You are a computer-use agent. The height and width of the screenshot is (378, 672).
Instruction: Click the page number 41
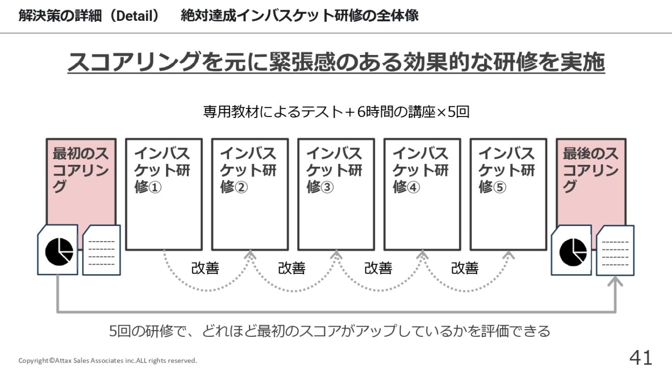point(641,358)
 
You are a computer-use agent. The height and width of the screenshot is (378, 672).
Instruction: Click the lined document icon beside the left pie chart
point(101,250)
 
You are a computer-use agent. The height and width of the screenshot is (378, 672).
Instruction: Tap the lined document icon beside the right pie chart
point(615,250)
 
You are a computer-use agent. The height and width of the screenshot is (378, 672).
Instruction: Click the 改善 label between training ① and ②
point(205,268)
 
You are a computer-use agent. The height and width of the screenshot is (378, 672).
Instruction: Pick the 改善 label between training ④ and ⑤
point(465,268)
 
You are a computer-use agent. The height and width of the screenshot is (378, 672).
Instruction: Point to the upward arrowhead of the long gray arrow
point(615,281)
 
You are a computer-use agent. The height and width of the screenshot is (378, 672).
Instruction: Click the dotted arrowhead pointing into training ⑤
point(509,255)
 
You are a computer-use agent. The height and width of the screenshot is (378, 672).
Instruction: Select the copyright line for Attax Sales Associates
point(108,360)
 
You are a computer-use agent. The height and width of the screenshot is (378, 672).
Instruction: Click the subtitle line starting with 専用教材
point(337,112)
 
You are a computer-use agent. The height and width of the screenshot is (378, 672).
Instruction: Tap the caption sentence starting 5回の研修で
point(330,331)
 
